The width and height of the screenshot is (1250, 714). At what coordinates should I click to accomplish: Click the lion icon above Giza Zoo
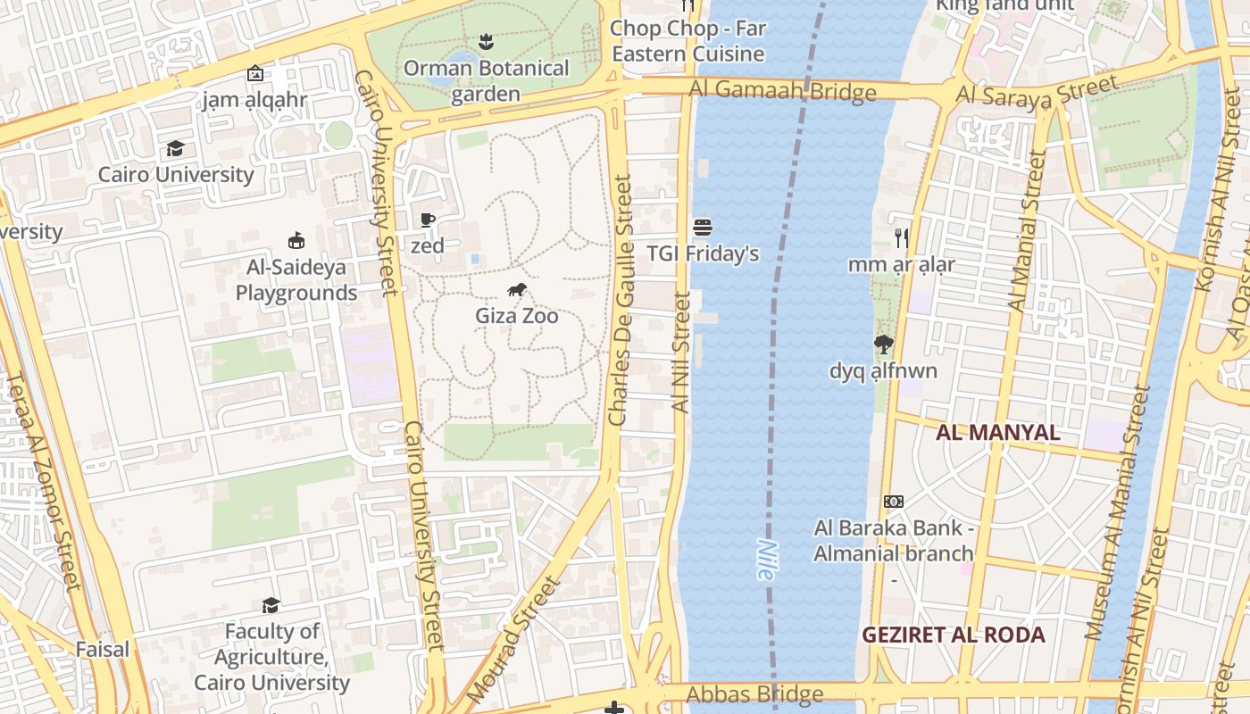(x=517, y=289)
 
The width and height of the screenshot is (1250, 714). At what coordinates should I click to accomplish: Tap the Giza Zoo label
(x=517, y=316)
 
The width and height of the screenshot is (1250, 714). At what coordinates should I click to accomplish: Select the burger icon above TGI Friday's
(x=703, y=227)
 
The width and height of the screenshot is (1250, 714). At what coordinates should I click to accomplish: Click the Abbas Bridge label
(x=754, y=694)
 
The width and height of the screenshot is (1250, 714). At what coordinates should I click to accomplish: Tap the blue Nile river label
(x=765, y=560)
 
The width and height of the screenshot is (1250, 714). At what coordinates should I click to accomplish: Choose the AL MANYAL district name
(x=998, y=433)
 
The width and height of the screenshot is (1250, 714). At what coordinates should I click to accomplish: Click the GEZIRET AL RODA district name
(x=954, y=635)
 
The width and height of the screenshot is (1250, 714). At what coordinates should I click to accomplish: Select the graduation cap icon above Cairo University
(x=176, y=148)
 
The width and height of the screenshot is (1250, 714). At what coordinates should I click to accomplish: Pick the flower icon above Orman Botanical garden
(x=486, y=41)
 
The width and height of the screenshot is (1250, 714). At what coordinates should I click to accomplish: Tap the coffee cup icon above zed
(x=428, y=220)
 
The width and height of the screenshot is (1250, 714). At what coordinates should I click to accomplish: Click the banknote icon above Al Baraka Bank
(x=893, y=502)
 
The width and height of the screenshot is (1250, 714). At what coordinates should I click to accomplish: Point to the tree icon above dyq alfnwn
(x=884, y=345)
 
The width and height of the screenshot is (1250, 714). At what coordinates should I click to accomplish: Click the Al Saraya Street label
(x=1037, y=93)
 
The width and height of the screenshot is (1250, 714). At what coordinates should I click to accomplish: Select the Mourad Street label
(x=513, y=639)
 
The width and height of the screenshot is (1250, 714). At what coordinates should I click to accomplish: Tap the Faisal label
(x=103, y=649)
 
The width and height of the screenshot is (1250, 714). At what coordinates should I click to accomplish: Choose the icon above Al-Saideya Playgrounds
(x=296, y=240)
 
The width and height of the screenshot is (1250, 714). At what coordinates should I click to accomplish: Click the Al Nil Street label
(x=681, y=353)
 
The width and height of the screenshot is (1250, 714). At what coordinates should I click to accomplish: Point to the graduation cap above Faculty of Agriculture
(x=271, y=606)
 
